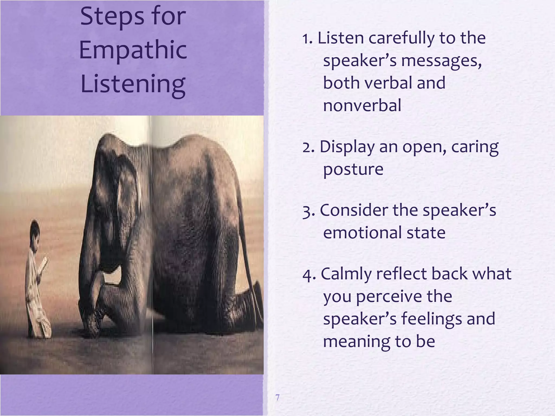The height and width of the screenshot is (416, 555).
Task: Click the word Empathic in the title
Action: pos(133,50)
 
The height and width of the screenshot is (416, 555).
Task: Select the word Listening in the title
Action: pos(133,84)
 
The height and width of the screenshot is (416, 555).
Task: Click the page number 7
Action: pos(277,398)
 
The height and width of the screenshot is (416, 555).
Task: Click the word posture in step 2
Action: pos(353,169)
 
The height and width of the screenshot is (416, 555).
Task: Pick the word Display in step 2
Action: pos(347,147)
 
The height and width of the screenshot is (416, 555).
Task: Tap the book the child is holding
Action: pos(44,264)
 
